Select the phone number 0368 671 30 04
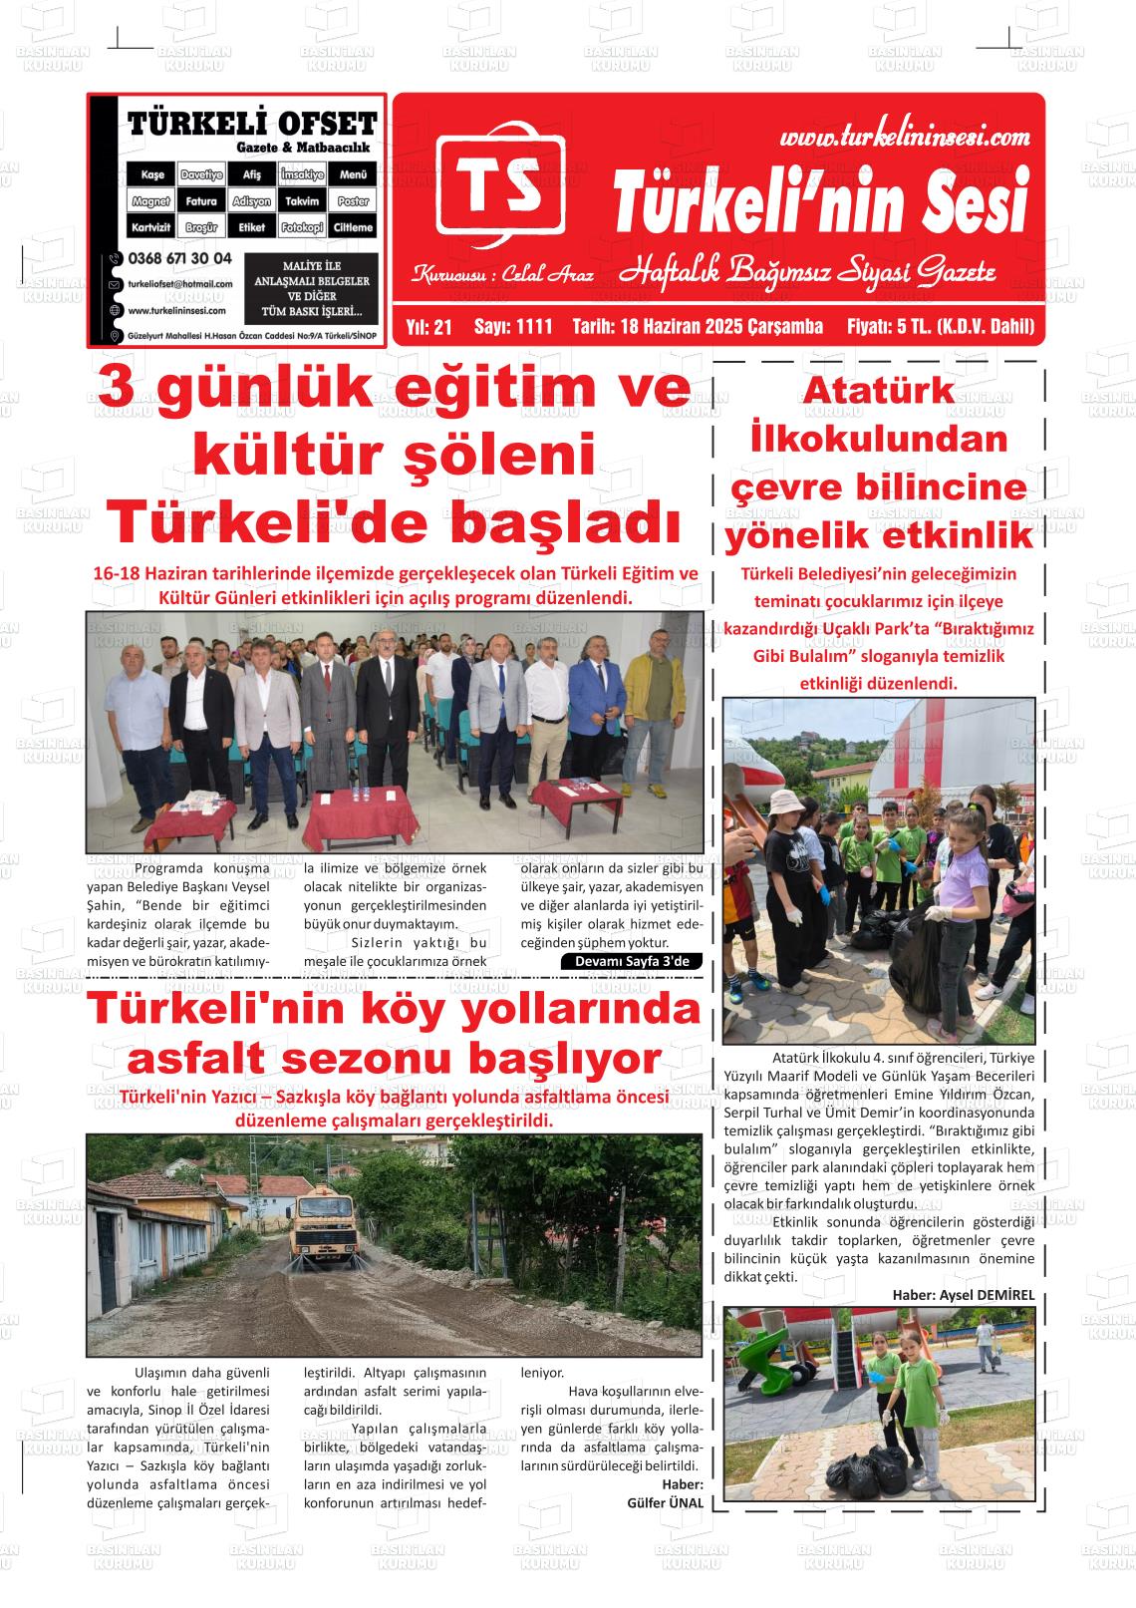[180, 258]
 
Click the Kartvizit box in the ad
[152, 228]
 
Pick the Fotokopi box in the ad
[302, 228]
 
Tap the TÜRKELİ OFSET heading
[252, 124]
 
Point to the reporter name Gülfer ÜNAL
[666, 1502]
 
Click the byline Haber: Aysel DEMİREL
[964, 1295]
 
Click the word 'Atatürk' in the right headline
[879, 390]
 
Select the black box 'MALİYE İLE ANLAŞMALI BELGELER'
[312, 288]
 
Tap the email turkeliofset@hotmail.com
[180, 284]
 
